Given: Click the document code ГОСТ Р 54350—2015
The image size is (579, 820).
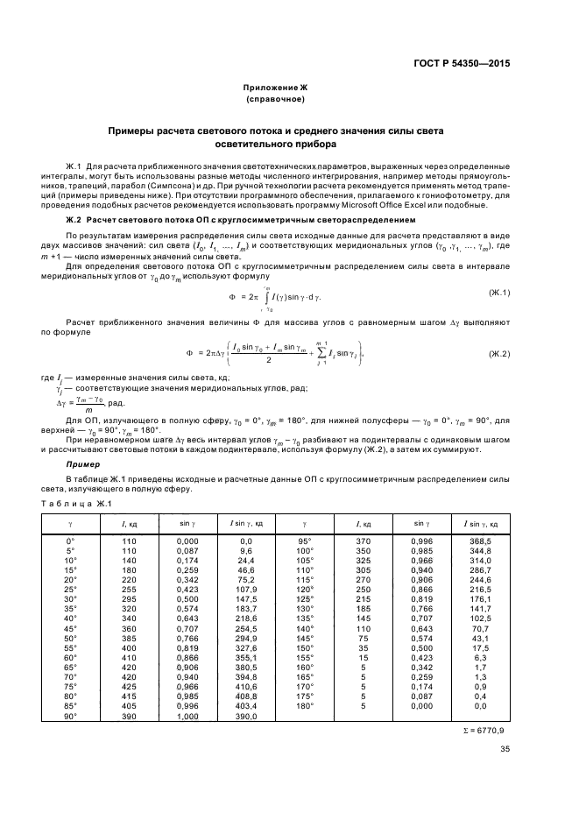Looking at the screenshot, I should [469, 63].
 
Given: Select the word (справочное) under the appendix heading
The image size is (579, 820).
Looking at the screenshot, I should [275, 99].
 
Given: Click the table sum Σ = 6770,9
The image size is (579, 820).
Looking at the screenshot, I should [482, 728].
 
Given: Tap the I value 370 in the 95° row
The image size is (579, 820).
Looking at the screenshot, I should [364, 542].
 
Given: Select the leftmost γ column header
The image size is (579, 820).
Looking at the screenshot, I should [71, 523].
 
